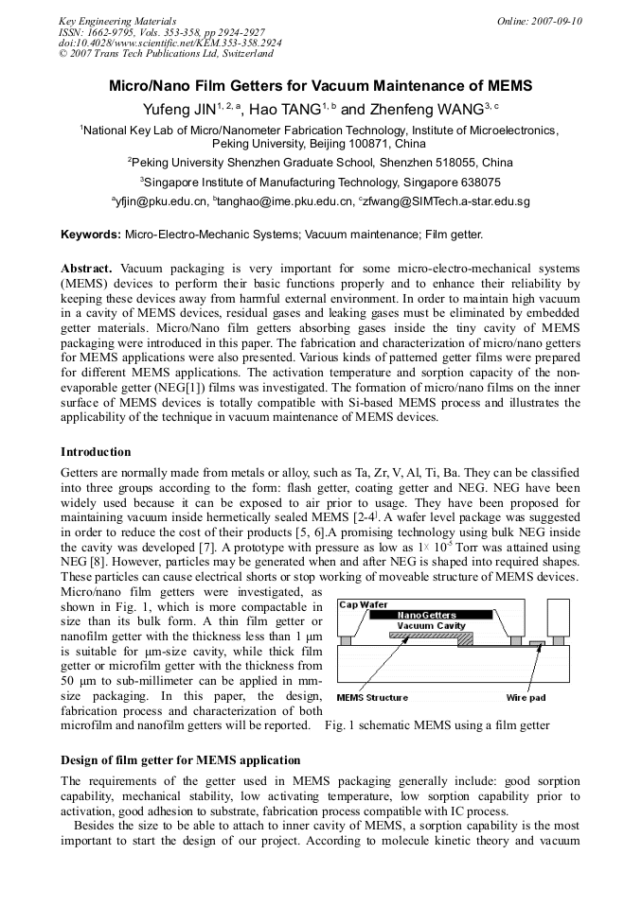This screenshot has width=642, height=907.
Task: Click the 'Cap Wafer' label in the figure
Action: (363, 604)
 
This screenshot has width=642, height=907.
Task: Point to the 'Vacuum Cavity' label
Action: (431, 626)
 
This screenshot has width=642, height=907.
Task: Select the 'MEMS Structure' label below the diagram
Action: (373, 698)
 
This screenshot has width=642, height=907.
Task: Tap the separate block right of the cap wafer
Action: (558, 617)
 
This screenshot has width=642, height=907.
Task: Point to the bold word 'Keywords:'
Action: (91, 234)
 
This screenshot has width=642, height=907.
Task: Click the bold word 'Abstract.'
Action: (87, 269)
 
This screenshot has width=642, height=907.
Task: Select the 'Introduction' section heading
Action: (96, 451)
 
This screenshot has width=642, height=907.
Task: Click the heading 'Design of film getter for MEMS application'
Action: (180, 760)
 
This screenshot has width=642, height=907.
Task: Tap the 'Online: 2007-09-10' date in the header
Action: (539, 21)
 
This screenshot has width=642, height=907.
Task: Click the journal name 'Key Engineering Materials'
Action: (117, 21)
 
